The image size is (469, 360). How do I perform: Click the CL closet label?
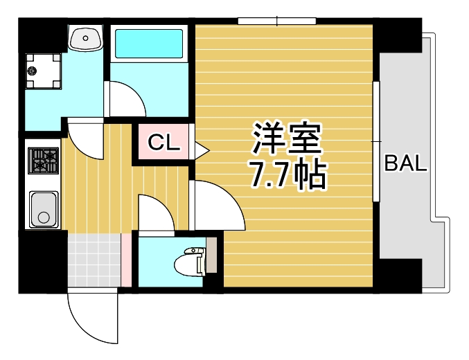[x=164, y=143]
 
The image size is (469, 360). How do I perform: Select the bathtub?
[x=148, y=44]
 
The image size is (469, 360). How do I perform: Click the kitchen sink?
[x=43, y=208]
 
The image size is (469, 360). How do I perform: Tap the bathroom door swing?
[x=125, y=100]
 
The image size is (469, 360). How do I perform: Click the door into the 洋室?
[x=216, y=206]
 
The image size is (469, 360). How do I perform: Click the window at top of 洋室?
[x=276, y=21]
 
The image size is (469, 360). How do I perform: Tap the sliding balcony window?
[x=376, y=141]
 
